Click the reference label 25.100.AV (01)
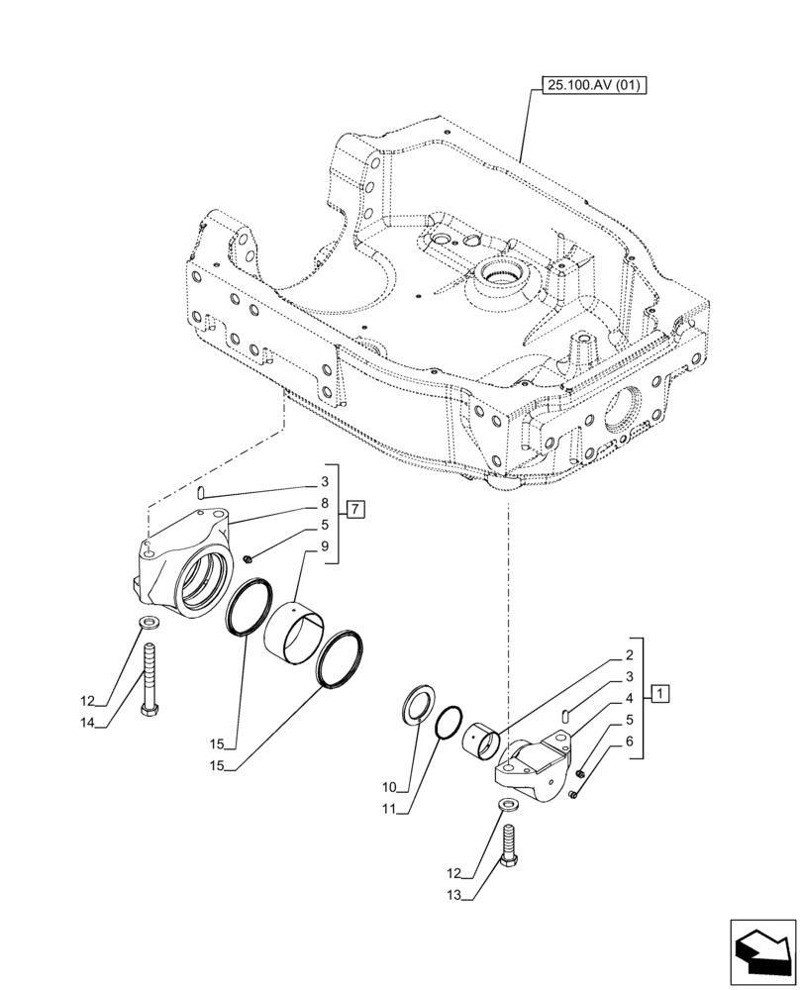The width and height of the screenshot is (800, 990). click(593, 86)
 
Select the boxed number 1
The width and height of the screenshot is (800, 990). click(660, 693)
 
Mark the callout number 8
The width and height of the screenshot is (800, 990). click(324, 503)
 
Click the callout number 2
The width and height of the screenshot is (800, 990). click(629, 655)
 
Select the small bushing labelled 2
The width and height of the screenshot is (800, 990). click(482, 742)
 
